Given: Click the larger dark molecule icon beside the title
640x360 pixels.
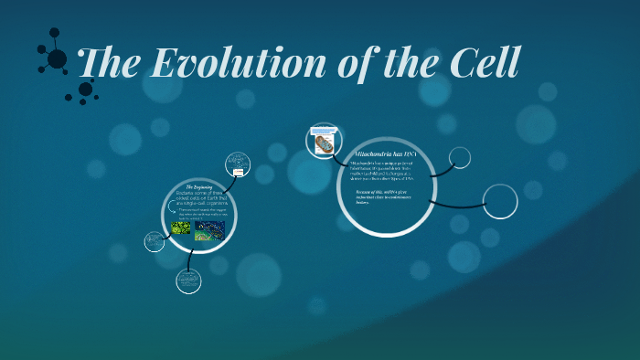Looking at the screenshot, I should (x=56, y=58).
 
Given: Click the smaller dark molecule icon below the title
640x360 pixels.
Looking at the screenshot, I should (x=85, y=90).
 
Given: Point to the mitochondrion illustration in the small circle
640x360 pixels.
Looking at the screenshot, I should (x=324, y=143).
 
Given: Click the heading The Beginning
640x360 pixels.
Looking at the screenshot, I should (x=198, y=186).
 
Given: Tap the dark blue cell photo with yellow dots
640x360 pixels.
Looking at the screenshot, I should (x=209, y=229).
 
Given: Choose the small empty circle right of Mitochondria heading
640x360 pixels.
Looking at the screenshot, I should (x=460, y=158).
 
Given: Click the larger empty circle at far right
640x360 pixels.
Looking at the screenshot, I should (x=500, y=202).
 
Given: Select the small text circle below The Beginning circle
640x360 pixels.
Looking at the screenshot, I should (x=188, y=281).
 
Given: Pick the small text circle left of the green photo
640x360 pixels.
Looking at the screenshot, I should (x=155, y=242).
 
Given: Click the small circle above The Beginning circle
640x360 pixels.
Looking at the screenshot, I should (x=238, y=164).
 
